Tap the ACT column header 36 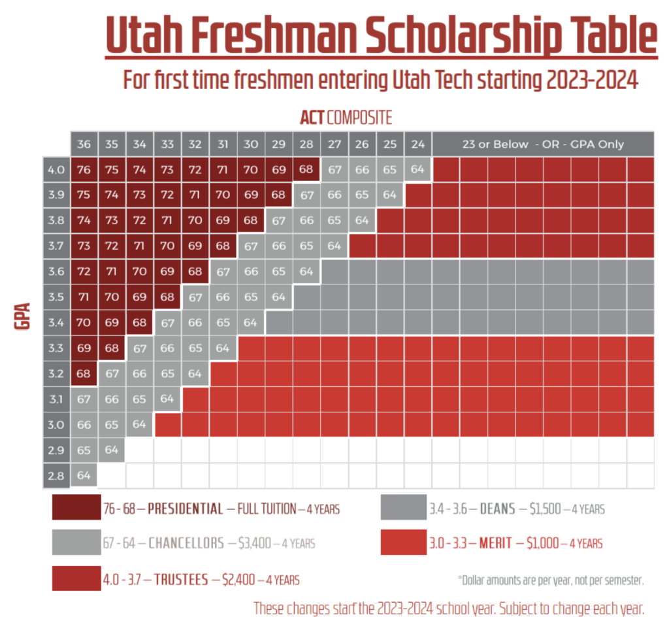coord(84,144)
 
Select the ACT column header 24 coord(417,144)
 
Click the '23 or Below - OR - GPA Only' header coord(543,144)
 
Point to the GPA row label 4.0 coord(56,170)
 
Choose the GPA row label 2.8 coord(56,475)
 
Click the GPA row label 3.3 coord(56,348)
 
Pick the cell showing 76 coord(84,170)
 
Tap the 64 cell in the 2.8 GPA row coord(84,475)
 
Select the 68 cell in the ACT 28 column coord(306,170)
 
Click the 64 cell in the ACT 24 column coord(417,170)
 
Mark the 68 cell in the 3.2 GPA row coord(84,374)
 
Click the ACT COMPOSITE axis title coord(346,118)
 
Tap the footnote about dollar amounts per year coord(551,579)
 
